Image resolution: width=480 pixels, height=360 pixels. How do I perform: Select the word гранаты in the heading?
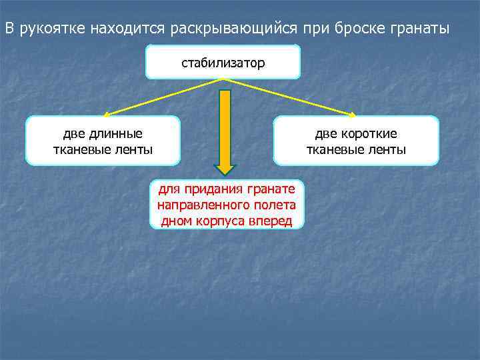[422, 29]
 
